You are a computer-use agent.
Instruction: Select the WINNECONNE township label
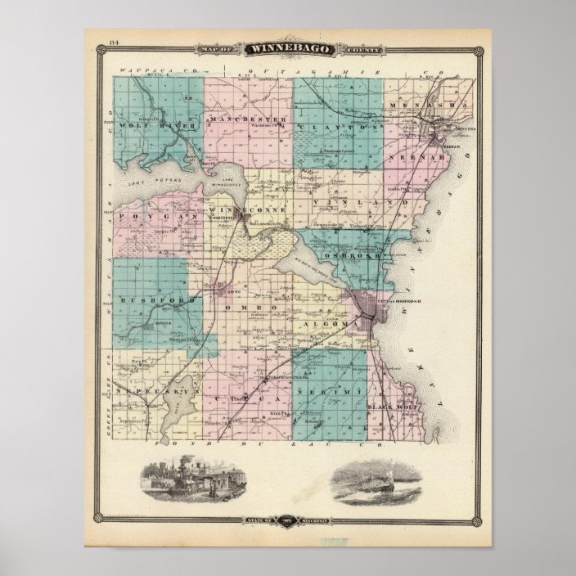pyautogui.click(x=248, y=209)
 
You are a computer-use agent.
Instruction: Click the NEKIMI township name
pyautogui.click(x=331, y=395)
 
